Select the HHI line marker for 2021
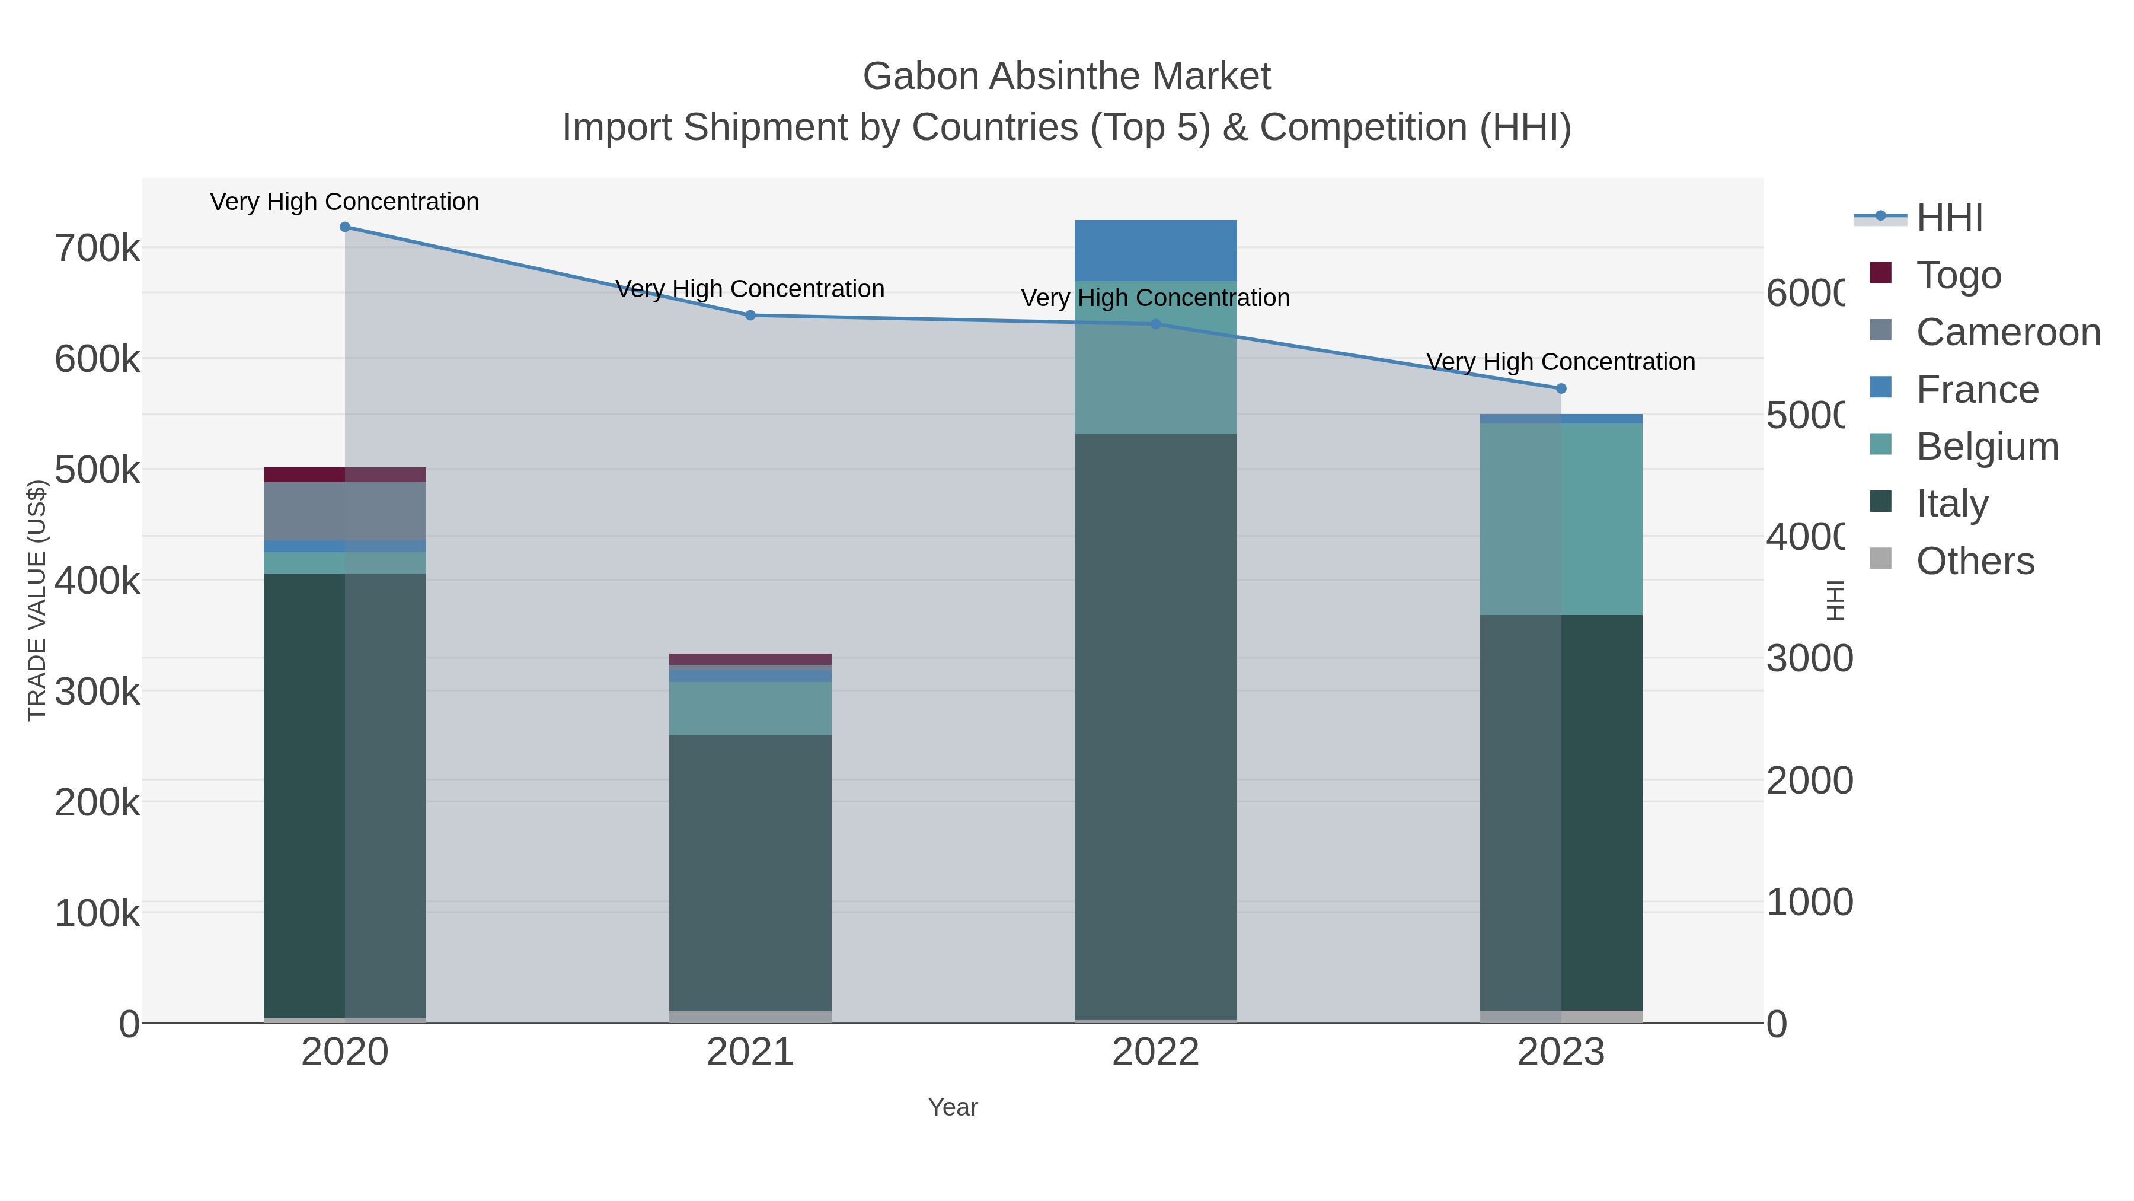pos(750,315)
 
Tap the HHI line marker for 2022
pos(1156,324)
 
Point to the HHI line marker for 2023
pos(1561,388)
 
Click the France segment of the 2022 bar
pos(1156,250)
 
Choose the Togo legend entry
pos(1959,275)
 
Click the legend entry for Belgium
pos(1986,447)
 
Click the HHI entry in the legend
pos(1948,218)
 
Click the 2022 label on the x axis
pos(1156,1053)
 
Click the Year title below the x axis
pos(953,1107)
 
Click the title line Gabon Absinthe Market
pos(1066,77)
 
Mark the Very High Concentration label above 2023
pos(1561,362)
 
